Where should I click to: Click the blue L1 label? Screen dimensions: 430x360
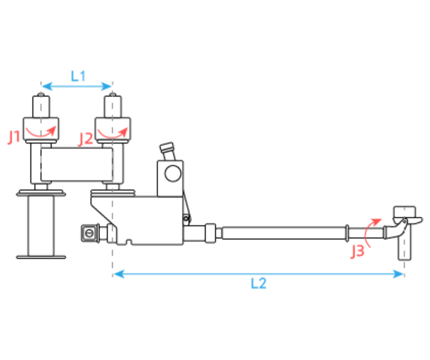point(78,76)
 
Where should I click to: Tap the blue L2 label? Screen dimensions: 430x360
point(259,283)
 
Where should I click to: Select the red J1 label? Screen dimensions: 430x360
point(14,137)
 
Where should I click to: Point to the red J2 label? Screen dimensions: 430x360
point(86,139)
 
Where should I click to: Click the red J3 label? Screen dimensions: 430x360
point(358,251)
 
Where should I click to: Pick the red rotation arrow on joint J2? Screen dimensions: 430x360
point(112,135)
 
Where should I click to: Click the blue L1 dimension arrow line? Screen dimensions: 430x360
point(77,86)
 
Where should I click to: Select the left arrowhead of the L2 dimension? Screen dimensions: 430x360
point(118,274)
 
